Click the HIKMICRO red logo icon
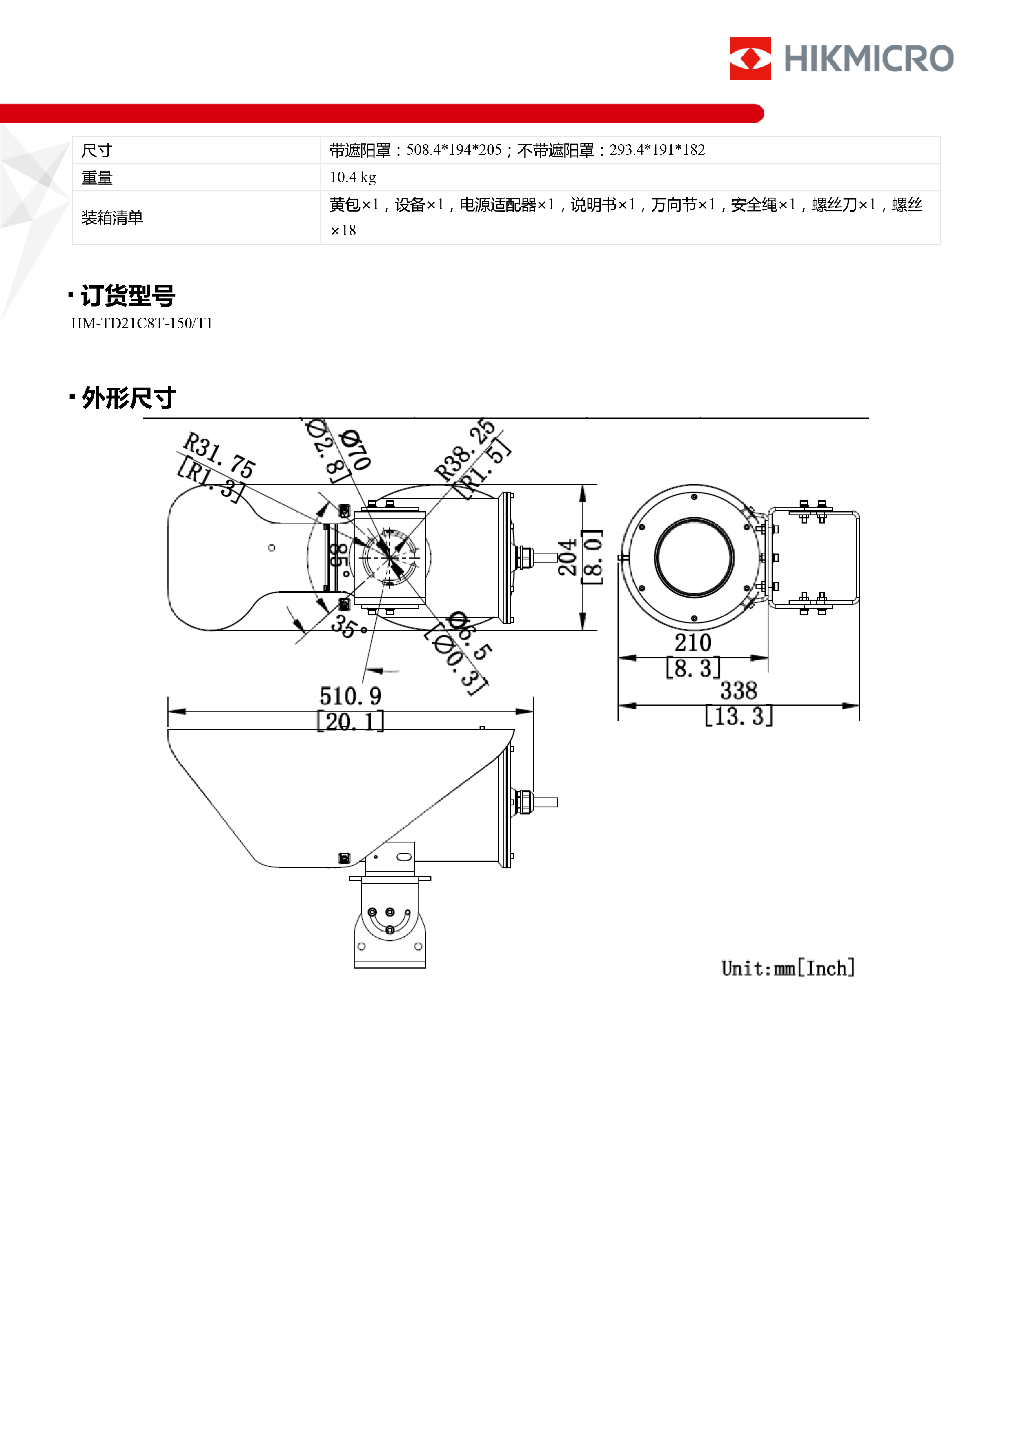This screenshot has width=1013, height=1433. pyautogui.click(x=750, y=59)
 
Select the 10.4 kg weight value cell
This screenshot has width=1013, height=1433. pyautogui.click(x=353, y=177)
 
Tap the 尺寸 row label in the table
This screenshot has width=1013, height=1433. pyautogui.click(x=97, y=150)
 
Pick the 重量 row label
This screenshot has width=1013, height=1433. pyautogui.click(x=97, y=178)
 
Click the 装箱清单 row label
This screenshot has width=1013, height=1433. pyautogui.click(x=112, y=218)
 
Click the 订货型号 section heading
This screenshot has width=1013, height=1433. pyautogui.click(x=127, y=296)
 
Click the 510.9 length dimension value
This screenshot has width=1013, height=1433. pyautogui.click(x=350, y=696)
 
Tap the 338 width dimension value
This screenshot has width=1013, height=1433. pyautogui.click(x=738, y=690)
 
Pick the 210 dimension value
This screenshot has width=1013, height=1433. pyautogui.click(x=693, y=642)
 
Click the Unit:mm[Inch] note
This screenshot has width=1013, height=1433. pyautogui.click(x=788, y=968)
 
